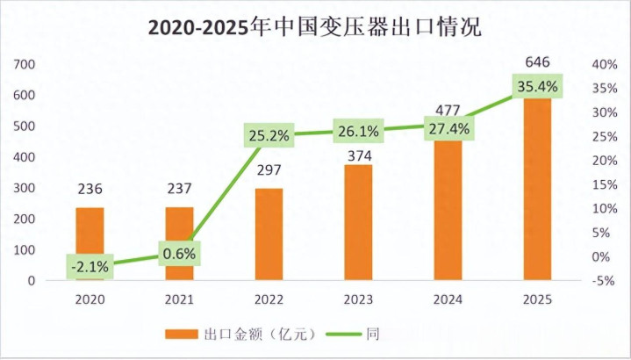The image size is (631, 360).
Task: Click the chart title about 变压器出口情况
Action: [x=314, y=26]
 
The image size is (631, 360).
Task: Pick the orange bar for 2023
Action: [x=358, y=222]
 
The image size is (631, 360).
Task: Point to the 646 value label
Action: [x=536, y=62]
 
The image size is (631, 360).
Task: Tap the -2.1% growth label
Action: [x=90, y=266]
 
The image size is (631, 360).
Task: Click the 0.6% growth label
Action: [x=179, y=254]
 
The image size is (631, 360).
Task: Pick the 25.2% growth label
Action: [x=269, y=135]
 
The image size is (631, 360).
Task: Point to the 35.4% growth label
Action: [x=537, y=86]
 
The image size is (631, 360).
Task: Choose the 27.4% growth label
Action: [x=448, y=128]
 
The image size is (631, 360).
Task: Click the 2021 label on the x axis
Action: [x=179, y=300]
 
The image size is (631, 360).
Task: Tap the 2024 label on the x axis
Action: [x=448, y=300]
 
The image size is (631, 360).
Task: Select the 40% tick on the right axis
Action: [x=600, y=64]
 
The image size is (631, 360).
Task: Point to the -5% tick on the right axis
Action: [x=600, y=281]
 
